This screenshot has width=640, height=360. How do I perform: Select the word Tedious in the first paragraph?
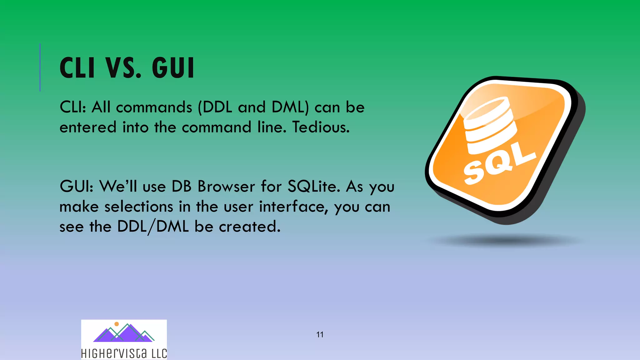pos(321,127)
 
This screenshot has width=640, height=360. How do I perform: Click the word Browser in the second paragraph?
pos(226,187)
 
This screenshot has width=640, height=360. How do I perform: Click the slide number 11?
pos(320,335)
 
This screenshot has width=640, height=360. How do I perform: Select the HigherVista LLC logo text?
pos(124,353)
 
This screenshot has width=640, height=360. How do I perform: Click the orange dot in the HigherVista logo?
pos(117,324)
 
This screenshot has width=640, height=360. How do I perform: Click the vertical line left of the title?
pos(40,67)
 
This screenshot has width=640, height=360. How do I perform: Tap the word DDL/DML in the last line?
pos(153,227)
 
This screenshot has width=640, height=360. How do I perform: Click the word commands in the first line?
pos(154,107)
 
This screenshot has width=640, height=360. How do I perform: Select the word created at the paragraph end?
pos(249,227)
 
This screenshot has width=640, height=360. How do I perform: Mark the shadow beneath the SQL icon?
pos(503,241)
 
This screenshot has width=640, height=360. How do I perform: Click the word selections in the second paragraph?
pos(138,207)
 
